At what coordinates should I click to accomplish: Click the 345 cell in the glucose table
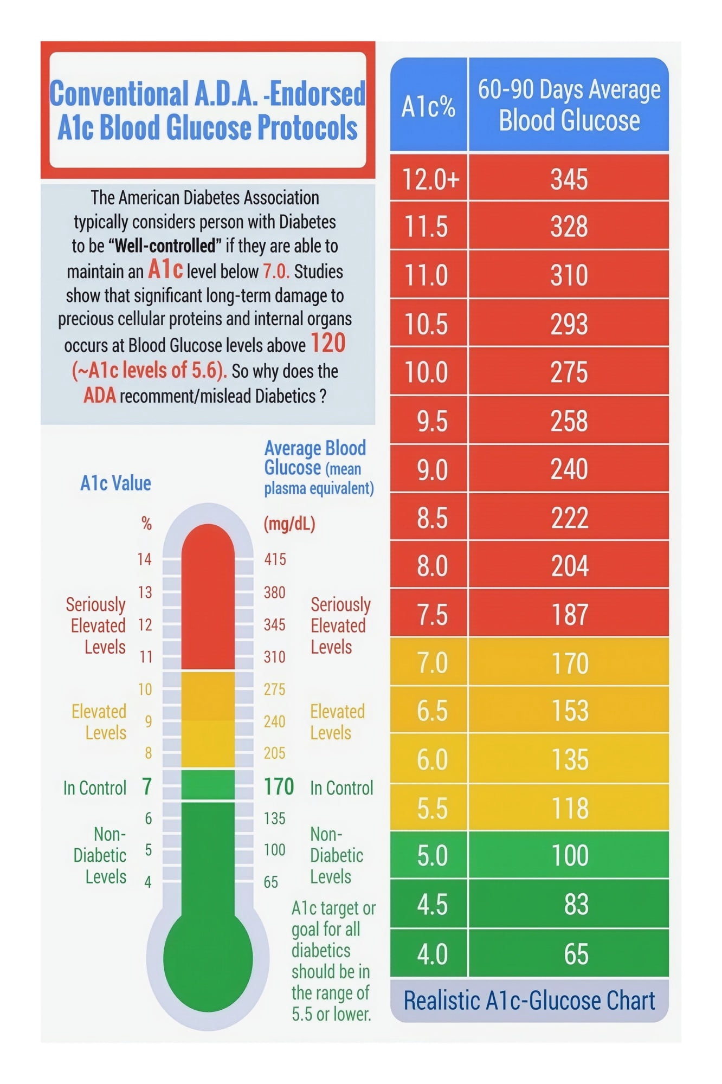(569, 179)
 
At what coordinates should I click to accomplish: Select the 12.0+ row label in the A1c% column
(430, 179)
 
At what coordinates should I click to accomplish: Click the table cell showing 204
(569, 566)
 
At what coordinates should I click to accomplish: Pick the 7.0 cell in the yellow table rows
(432, 663)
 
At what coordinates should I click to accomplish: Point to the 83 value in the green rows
(576, 905)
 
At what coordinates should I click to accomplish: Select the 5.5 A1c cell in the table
(432, 808)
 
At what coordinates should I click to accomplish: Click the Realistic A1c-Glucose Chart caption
(529, 1001)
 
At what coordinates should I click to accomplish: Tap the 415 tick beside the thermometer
(275, 559)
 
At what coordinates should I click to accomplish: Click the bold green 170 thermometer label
(279, 786)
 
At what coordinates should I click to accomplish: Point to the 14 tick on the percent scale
(144, 559)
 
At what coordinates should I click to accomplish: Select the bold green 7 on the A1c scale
(147, 786)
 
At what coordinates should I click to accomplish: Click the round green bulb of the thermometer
(208, 958)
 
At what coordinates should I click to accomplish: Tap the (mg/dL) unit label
(289, 524)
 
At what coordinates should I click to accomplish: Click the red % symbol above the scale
(146, 523)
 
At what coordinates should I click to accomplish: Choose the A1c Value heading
(115, 482)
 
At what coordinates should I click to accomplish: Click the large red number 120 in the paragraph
(328, 343)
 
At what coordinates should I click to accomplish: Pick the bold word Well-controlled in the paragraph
(165, 246)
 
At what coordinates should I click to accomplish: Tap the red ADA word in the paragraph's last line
(100, 395)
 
